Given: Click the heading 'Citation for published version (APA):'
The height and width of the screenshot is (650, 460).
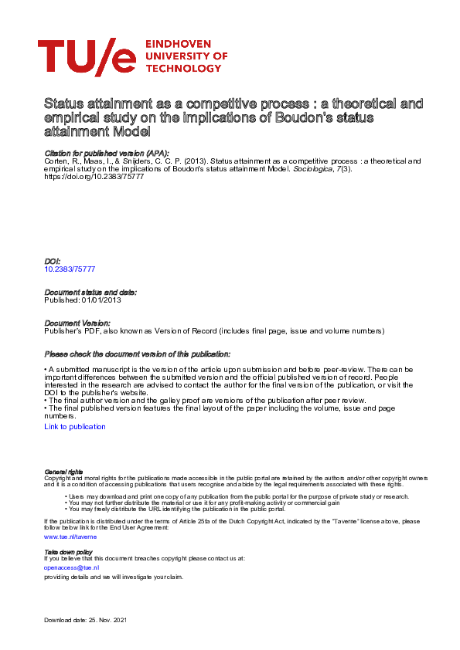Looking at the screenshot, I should [x=107, y=154].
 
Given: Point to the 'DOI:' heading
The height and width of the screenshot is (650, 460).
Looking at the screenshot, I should [x=53, y=262].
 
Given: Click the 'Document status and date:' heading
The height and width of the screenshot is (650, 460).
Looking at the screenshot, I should [x=90, y=292].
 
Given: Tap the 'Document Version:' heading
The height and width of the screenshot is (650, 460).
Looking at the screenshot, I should [x=77, y=322].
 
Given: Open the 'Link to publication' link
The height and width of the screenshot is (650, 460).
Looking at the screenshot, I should [x=75, y=426].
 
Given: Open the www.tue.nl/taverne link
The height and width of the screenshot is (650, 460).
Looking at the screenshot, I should [x=70, y=535].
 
